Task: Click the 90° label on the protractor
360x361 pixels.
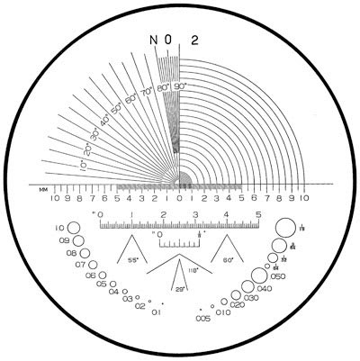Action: tap(180, 86)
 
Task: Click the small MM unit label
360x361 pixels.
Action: tap(42, 187)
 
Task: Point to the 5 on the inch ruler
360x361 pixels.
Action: tap(259, 214)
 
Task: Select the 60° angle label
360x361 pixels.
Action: tap(229, 258)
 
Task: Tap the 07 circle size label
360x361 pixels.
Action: tap(80, 265)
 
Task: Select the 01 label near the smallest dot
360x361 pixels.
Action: tap(157, 312)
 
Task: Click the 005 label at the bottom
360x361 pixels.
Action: tap(204, 317)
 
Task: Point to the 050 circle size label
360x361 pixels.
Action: tap(277, 275)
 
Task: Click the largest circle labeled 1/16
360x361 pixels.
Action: tap(283, 227)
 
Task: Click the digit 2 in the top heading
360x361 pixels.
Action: tap(195, 39)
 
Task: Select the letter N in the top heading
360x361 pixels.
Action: tap(154, 39)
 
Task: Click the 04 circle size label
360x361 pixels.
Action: tap(113, 292)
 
